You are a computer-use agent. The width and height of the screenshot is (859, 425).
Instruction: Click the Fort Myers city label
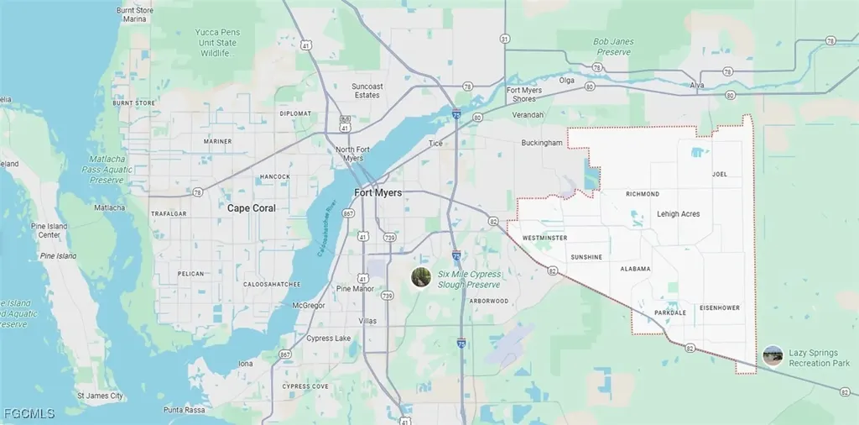pos(378,192)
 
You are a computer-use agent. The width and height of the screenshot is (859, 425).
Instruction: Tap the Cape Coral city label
pos(252,207)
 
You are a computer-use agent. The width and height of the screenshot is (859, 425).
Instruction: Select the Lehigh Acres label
pos(678,214)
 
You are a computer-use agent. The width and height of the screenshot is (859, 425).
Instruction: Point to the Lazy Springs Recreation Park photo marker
pos(773,356)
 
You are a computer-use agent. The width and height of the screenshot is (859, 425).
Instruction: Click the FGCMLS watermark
pos(29,413)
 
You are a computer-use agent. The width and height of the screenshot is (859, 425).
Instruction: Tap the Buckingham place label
pos(541,143)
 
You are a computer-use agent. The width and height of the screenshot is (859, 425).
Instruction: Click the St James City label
pos(100,395)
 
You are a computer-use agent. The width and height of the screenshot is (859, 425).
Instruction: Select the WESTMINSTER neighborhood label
pos(544,238)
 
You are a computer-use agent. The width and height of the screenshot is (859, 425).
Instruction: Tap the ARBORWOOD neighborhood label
pos(488,301)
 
